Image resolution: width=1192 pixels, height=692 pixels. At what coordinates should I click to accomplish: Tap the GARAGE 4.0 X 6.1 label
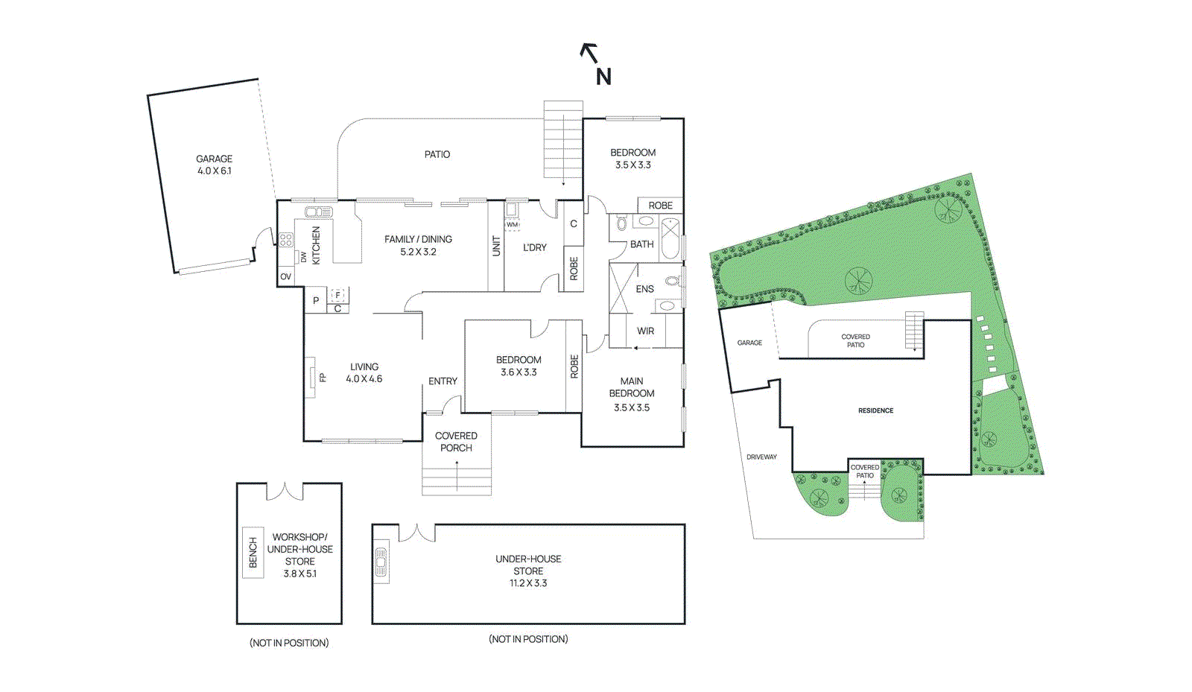pyautogui.click(x=214, y=165)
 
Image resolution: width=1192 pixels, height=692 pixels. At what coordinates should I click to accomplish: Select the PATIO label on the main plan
pyautogui.click(x=437, y=154)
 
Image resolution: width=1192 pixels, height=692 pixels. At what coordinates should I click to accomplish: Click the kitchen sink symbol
pyautogui.click(x=319, y=212)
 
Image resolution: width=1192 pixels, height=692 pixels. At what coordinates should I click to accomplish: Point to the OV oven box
pyautogui.click(x=285, y=276)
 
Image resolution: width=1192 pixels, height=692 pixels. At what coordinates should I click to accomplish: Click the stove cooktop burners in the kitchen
pyautogui.click(x=286, y=240)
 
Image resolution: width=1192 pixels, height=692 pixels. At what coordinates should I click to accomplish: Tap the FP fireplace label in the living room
pyautogui.click(x=323, y=378)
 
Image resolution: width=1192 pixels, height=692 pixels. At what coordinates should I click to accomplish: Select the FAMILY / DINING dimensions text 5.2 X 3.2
pyautogui.click(x=418, y=252)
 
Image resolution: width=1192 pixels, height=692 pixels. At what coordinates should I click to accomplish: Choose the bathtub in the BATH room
pyautogui.click(x=670, y=238)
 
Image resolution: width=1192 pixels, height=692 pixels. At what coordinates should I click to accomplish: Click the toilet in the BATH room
pyautogui.click(x=621, y=223)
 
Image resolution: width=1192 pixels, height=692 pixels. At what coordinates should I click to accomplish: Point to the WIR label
pyautogui.click(x=645, y=331)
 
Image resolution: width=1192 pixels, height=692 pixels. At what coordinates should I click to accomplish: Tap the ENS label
pyautogui.click(x=644, y=289)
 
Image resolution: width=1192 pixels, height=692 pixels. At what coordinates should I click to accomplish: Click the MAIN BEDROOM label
pyautogui.click(x=632, y=387)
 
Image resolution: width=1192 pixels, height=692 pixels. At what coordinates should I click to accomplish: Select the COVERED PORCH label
pyautogui.click(x=456, y=442)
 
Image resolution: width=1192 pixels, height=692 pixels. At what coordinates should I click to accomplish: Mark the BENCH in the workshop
pyautogui.click(x=253, y=553)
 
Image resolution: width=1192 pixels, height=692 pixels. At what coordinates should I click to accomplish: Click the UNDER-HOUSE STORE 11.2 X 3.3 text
pyautogui.click(x=528, y=571)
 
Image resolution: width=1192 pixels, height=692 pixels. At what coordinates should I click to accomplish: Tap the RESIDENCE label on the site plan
pyautogui.click(x=875, y=410)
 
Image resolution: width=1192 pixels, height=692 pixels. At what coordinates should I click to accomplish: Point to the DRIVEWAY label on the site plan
pyautogui.click(x=761, y=457)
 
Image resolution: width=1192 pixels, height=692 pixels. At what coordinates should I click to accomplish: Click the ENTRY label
pyautogui.click(x=443, y=381)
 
